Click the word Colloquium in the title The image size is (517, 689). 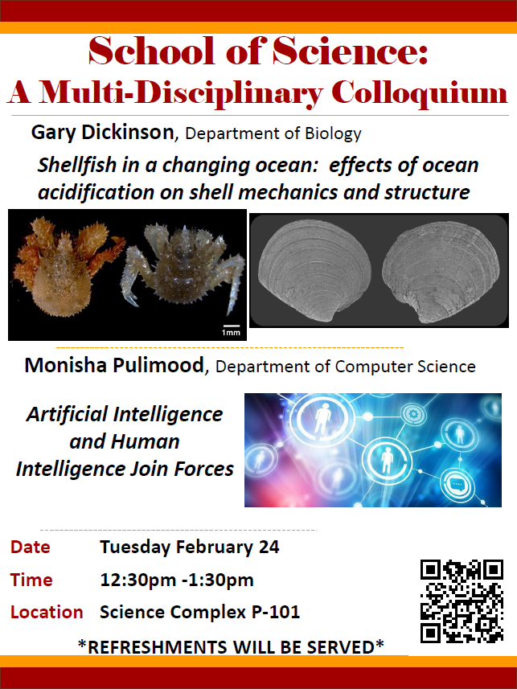coord(420,93)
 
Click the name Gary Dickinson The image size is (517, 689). coord(102,133)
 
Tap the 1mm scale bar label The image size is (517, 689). coord(231,333)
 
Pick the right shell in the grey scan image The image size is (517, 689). coord(441,273)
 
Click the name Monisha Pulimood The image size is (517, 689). coord(114,365)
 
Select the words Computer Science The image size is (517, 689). coord(405,367)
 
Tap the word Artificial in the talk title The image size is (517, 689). coord(67,414)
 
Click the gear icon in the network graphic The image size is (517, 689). coord(412,414)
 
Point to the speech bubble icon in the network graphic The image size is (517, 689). coord(458,485)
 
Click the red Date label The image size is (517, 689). coord(31,547)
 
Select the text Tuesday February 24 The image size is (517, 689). coord(190,548)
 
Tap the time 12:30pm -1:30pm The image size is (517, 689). coord(177,580)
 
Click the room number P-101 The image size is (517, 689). coord(276,612)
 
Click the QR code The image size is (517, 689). coord(462,601)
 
